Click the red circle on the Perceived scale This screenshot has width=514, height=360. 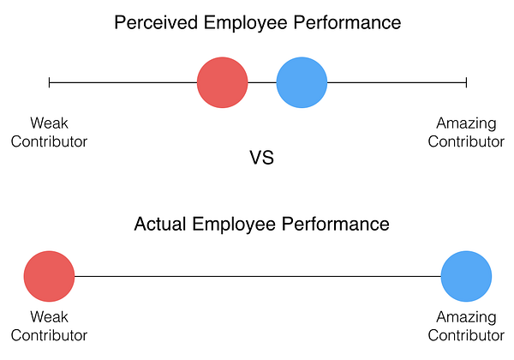point(223,82)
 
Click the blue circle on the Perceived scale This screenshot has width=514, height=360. point(302,82)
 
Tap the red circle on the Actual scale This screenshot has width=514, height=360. point(49,277)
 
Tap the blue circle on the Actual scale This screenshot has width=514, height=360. point(466,277)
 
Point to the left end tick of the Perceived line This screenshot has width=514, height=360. point(50,82)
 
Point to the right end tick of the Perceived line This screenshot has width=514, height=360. point(466,82)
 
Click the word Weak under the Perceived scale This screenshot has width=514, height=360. point(49,123)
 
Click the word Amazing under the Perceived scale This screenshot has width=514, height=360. point(466,123)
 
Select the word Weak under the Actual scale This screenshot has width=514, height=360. point(49,316)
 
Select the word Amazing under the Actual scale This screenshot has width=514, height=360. point(466,316)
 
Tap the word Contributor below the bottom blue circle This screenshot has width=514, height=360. point(466,335)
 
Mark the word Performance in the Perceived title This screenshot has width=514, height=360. point(348,23)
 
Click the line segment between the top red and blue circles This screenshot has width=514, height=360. point(262,82)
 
